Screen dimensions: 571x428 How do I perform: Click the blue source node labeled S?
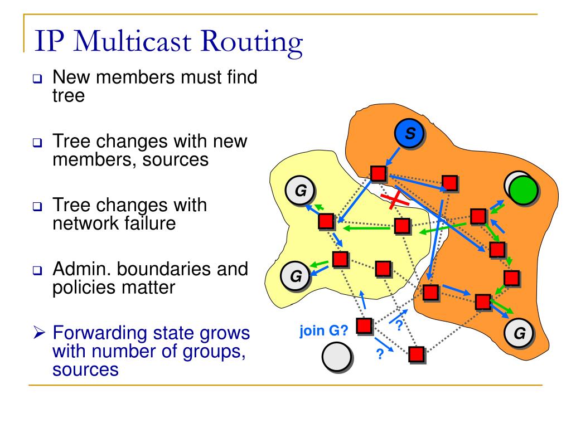click(x=409, y=134)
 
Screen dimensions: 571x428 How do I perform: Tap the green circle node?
click(x=522, y=190)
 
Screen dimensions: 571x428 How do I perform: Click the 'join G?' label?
click(x=324, y=331)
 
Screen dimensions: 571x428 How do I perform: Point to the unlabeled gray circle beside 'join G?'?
click(x=336, y=357)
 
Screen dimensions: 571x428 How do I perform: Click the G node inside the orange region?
click(x=519, y=333)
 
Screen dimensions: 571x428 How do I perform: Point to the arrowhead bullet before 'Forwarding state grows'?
click(x=38, y=334)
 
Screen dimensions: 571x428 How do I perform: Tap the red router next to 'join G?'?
click(x=364, y=325)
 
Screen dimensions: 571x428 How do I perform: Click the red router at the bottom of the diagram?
click(x=416, y=353)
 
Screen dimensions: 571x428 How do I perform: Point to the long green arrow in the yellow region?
click(x=365, y=227)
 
